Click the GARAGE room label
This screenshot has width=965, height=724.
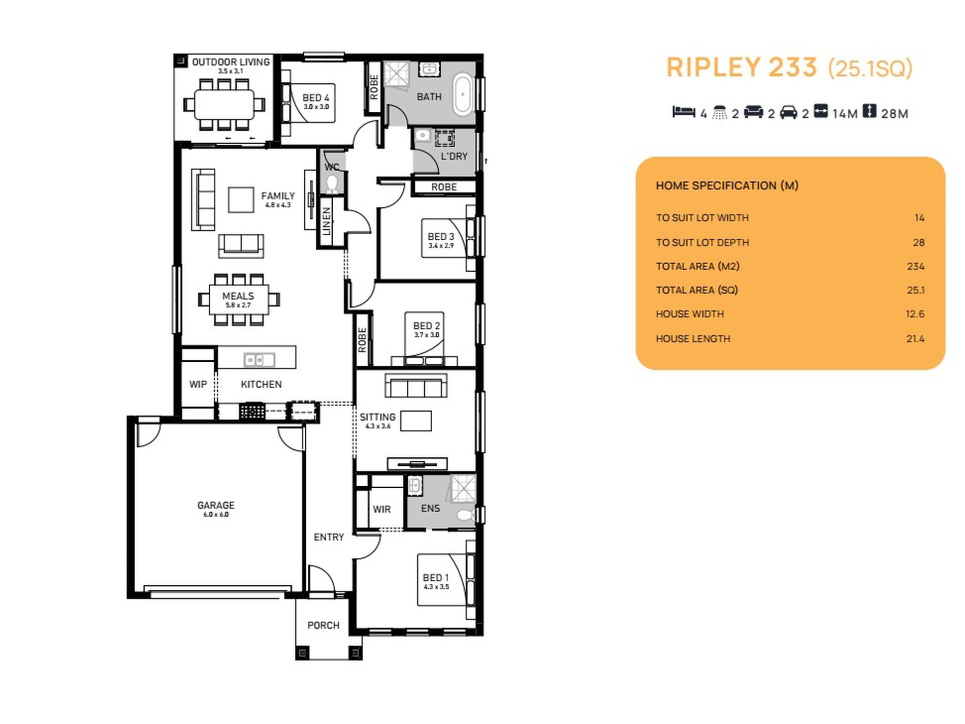click(216, 505)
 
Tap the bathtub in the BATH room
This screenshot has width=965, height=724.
click(463, 95)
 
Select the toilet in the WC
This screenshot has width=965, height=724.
click(332, 184)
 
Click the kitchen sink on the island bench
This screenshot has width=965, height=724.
click(259, 360)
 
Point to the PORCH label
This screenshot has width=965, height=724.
click(324, 625)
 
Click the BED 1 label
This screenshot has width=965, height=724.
click(436, 578)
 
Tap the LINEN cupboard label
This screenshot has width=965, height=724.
click(327, 221)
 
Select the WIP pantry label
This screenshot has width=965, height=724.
click(198, 384)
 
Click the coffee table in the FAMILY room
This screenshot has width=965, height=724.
click(241, 200)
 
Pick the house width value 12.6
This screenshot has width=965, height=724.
click(915, 314)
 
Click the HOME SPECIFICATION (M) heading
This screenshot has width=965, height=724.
click(727, 185)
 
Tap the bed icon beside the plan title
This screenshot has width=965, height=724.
click(684, 112)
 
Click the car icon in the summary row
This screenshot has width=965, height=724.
click(788, 112)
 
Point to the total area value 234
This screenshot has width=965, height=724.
click(916, 266)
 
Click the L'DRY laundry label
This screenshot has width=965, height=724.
click(454, 156)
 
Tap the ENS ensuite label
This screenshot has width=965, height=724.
click(430, 508)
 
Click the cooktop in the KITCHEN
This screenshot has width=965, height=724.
click(252, 411)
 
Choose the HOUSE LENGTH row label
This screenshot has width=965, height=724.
click(693, 338)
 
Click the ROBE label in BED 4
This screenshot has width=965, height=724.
click(374, 87)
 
